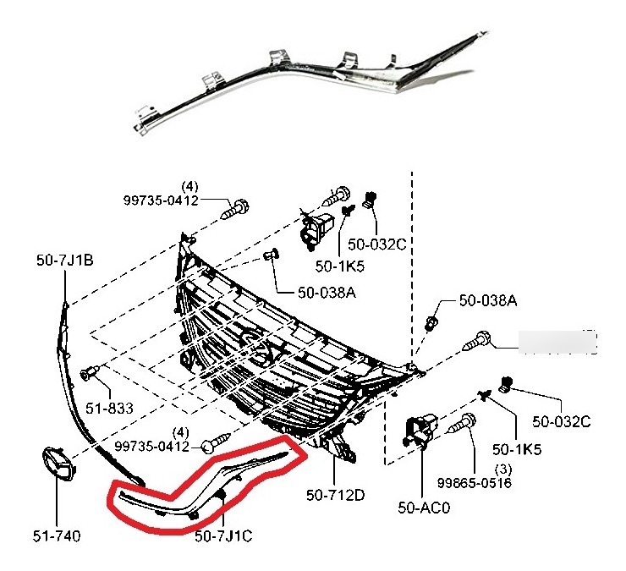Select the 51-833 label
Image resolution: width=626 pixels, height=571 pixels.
(109, 409)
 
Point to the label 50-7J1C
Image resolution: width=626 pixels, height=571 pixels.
(224, 535)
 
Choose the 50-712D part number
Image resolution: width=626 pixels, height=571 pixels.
(337, 495)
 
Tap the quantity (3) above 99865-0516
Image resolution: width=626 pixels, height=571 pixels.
(502, 469)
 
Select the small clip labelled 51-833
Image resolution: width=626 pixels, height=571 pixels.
(89, 373)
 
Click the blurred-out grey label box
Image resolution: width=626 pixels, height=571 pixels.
(557, 342)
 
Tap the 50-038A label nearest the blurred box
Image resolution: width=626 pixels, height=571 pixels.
(487, 300)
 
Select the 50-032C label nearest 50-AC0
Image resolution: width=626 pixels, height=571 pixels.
(562, 420)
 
